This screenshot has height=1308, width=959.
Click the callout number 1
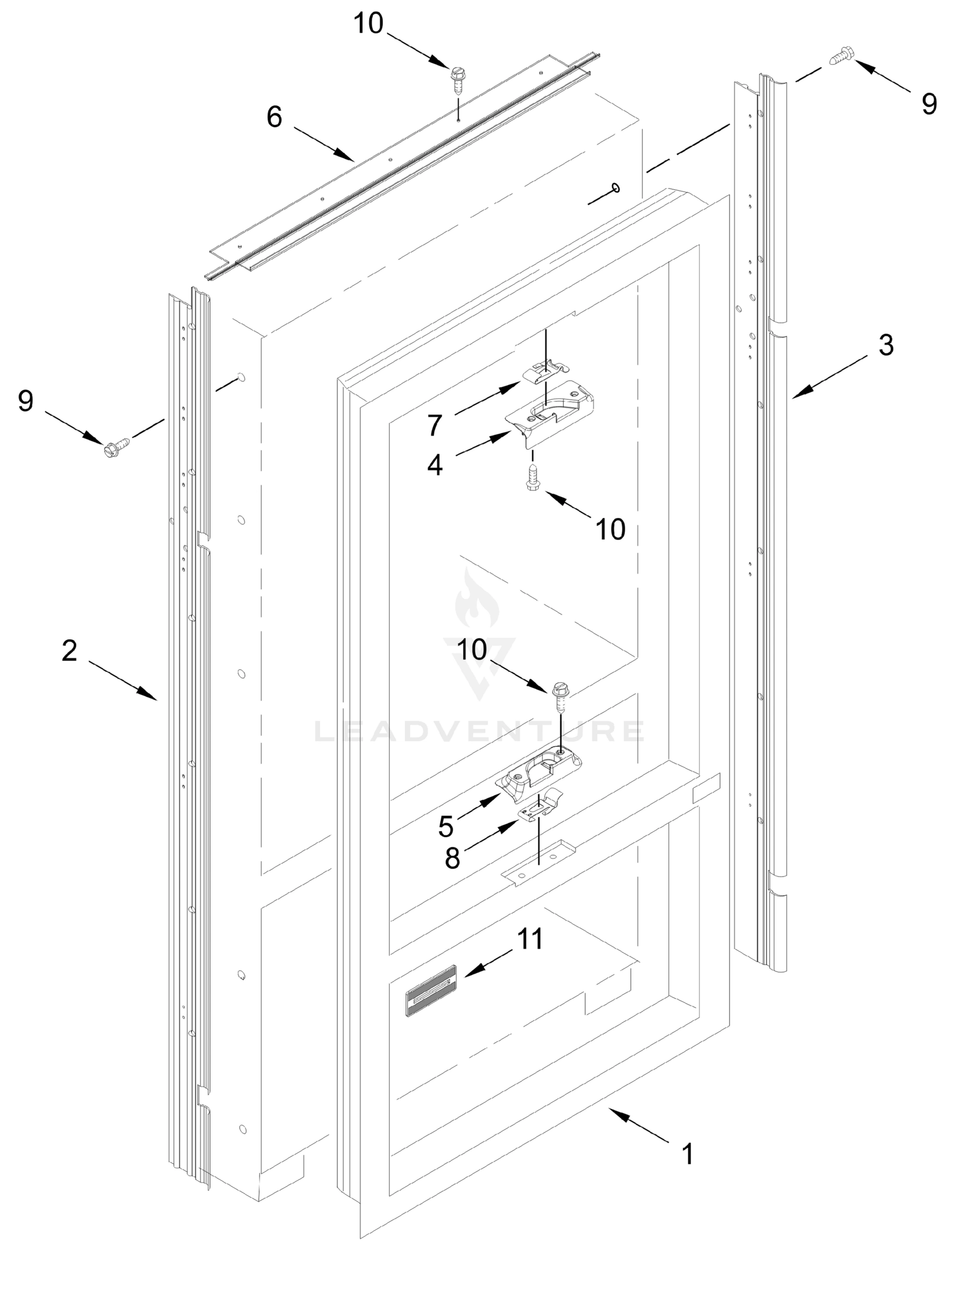pyautogui.click(x=687, y=1154)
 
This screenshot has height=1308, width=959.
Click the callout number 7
pyautogui.click(x=436, y=425)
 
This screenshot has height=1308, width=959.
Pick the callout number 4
pyautogui.click(x=435, y=465)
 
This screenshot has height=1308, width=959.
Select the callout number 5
pyautogui.click(x=445, y=826)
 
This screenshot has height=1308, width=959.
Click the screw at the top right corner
pyautogui.click(x=841, y=57)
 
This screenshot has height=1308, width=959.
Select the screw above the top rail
pyautogui.click(x=457, y=78)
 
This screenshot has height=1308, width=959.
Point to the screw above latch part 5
pyautogui.click(x=560, y=697)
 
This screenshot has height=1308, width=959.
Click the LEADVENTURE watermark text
pyautogui.click(x=479, y=731)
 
